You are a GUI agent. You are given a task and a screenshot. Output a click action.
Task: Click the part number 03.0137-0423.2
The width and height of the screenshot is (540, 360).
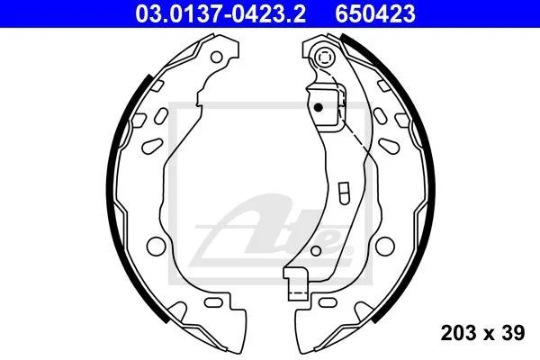click(220, 14)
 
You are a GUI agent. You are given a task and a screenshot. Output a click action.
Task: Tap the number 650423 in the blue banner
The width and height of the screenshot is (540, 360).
click(375, 14)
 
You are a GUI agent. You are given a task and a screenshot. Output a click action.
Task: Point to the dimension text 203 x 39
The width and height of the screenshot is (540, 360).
click(482, 333)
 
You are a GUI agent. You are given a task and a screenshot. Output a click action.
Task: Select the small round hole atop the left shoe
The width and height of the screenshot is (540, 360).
click(216, 57)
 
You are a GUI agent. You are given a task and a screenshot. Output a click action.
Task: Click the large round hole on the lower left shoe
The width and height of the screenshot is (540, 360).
click(156, 247)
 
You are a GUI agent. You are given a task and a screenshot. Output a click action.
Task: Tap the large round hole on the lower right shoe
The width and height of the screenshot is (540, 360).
click(384, 247)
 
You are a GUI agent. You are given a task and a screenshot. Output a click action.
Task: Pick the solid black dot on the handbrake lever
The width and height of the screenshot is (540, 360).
click(319, 107)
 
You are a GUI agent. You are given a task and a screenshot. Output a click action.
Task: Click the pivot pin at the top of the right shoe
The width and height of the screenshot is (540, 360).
click(325, 57)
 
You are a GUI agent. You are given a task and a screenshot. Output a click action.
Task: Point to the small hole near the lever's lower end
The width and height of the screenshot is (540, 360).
click(316, 251)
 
